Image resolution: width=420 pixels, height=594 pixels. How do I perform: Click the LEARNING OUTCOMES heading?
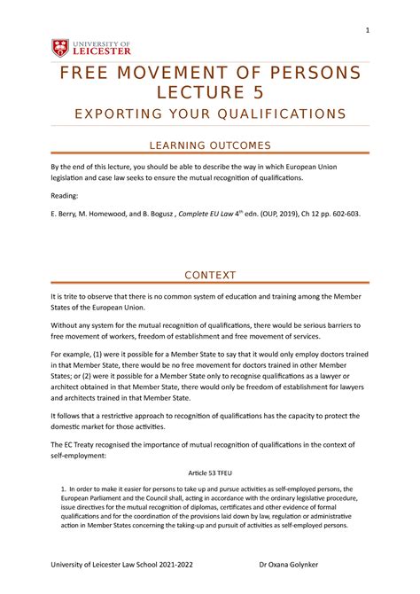point(209,145)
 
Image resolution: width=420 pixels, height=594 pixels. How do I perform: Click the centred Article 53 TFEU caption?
point(209,473)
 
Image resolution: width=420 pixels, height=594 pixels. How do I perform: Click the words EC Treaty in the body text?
point(82,441)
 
